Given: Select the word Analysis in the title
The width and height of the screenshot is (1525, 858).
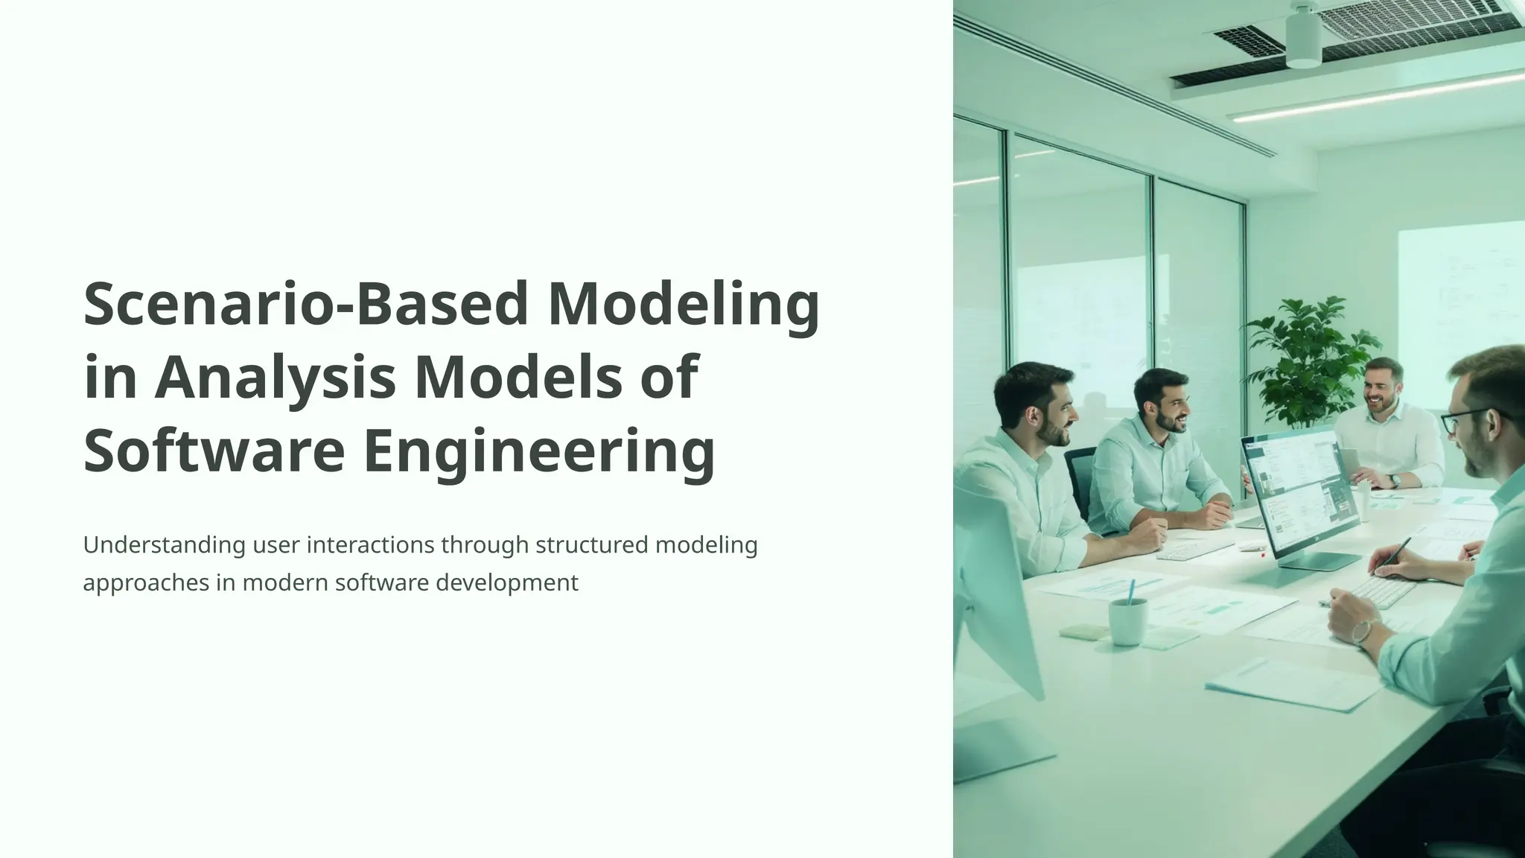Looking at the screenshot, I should pos(275,377).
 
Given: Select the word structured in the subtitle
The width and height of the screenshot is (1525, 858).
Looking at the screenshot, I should pos(592,545).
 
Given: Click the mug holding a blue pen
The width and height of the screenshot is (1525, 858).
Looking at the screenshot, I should pos(1127,620).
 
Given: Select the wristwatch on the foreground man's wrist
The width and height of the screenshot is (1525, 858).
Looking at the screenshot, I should pos(1362,632).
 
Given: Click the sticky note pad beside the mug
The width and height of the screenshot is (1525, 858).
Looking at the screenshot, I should pos(1083,632).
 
